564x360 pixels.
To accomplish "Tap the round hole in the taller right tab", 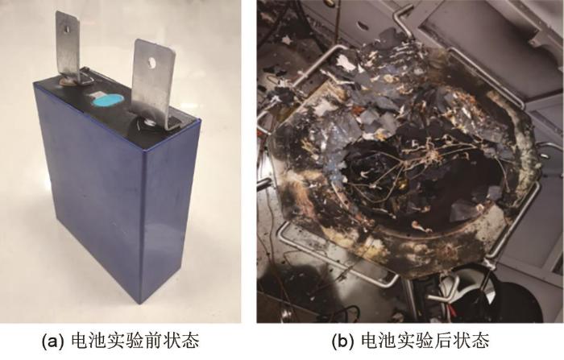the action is point(151,63).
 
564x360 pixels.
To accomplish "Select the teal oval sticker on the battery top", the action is point(107,100).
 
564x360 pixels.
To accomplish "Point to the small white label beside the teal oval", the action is point(94,94).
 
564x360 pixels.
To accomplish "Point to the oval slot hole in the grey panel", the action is point(363,26).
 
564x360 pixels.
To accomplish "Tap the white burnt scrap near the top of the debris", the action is point(346,64).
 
